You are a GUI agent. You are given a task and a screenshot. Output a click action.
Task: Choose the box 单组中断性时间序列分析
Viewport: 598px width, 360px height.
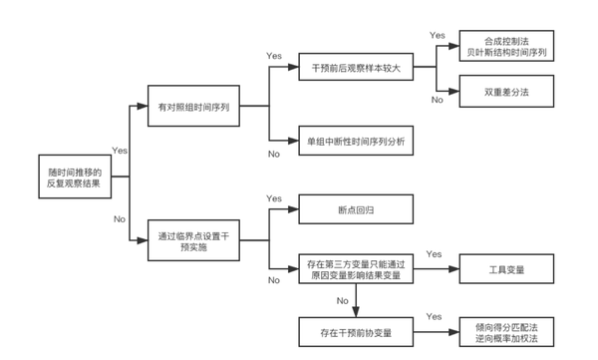pos(356,140)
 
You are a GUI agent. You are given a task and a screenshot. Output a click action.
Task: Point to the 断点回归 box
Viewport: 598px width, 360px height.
pos(356,209)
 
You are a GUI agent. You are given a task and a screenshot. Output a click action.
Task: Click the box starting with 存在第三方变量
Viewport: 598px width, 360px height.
pos(356,268)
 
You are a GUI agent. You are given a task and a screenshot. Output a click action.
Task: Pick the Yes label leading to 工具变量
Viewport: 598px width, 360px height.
pos(435,255)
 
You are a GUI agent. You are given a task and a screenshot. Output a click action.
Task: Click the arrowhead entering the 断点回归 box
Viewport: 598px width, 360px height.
pos(295,209)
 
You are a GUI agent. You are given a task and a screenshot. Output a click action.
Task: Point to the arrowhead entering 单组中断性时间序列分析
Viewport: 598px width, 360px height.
pos(295,140)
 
